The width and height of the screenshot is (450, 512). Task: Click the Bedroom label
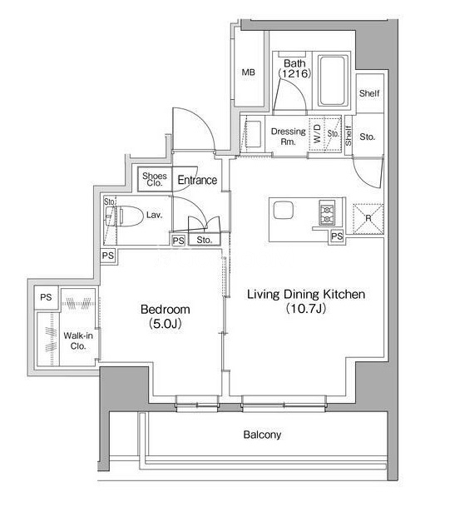click(x=166, y=309)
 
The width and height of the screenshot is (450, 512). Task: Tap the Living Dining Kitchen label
click(x=306, y=294)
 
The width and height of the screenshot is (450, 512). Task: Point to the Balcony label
click(x=262, y=435)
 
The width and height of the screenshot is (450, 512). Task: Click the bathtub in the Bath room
click(x=332, y=81)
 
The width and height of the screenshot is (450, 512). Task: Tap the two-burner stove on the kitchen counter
click(x=327, y=212)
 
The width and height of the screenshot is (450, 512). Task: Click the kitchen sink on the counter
click(x=283, y=210)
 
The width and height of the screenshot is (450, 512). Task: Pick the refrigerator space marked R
click(x=368, y=219)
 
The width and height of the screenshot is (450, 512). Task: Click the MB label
click(x=248, y=72)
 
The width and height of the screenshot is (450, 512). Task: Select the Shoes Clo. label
click(x=155, y=179)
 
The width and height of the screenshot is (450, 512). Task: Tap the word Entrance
click(x=197, y=180)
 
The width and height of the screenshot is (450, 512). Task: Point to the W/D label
click(x=317, y=133)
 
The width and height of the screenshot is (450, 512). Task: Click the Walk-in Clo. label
click(x=78, y=341)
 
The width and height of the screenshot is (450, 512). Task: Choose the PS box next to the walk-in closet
click(x=46, y=297)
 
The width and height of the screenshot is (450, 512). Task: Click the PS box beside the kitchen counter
click(x=337, y=236)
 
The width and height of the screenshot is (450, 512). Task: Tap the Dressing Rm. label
click(x=288, y=137)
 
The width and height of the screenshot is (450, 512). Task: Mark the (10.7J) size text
click(x=306, y=308)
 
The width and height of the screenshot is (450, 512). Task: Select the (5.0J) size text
click(x=166, y=324)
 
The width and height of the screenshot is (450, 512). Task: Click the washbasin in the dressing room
click(x=252, y=134)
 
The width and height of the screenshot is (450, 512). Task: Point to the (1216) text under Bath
click(x=294, y=73)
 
